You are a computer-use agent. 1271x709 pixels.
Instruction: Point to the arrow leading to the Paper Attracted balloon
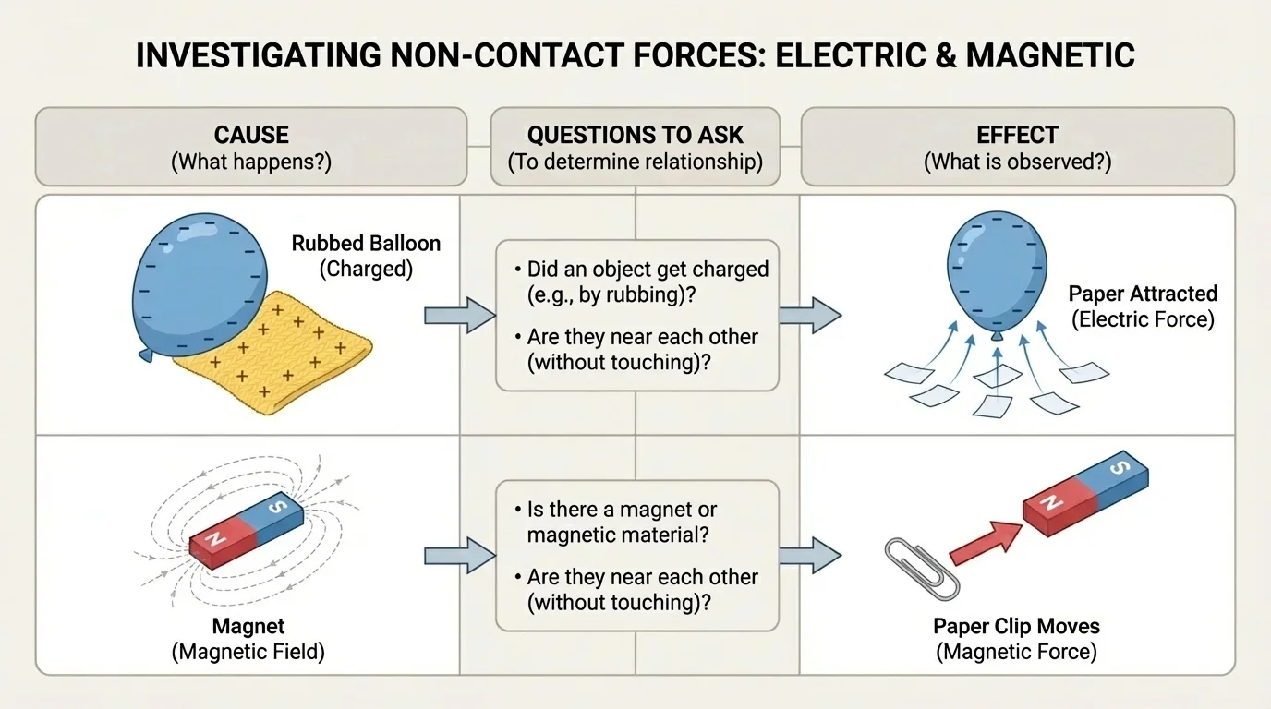[x=809, y=315]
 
